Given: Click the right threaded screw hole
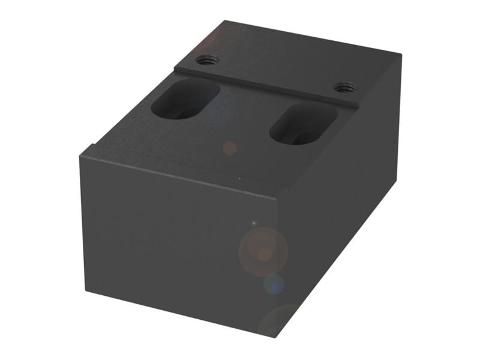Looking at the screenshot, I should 344,88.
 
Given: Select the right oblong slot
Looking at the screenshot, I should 302,124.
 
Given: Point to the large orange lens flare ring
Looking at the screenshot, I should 263,252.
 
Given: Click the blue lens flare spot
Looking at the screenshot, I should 274,284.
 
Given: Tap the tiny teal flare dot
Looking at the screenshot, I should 253,223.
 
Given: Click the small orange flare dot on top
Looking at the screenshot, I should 229,148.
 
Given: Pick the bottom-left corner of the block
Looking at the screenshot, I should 86,293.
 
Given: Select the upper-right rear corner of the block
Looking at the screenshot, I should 401,55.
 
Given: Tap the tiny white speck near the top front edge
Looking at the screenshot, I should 239,178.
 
